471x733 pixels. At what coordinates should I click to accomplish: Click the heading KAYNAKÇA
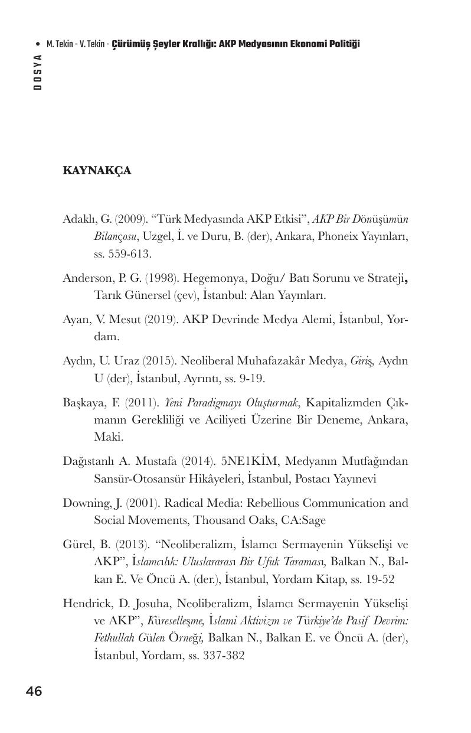coord(97,171)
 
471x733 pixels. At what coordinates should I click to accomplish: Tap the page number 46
coord(34,691)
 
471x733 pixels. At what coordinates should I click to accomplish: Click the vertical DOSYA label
coord(38,71)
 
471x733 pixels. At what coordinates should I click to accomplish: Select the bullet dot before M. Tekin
coord(38,44)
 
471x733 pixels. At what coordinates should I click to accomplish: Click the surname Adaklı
coord(80,219)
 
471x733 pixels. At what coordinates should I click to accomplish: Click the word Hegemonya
coord(198,278)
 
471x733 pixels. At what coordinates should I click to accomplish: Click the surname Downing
coord(86,503)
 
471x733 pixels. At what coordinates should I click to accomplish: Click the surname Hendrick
coord(86,604)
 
